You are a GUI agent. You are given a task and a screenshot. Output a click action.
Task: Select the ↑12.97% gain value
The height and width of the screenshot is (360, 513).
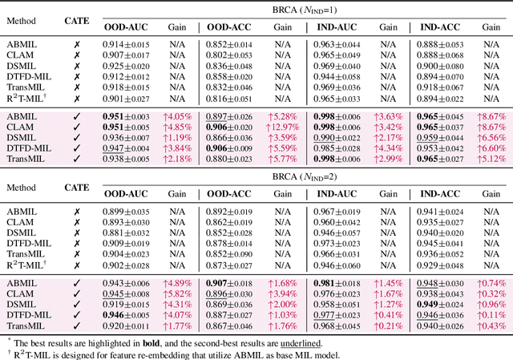point(283,126)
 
